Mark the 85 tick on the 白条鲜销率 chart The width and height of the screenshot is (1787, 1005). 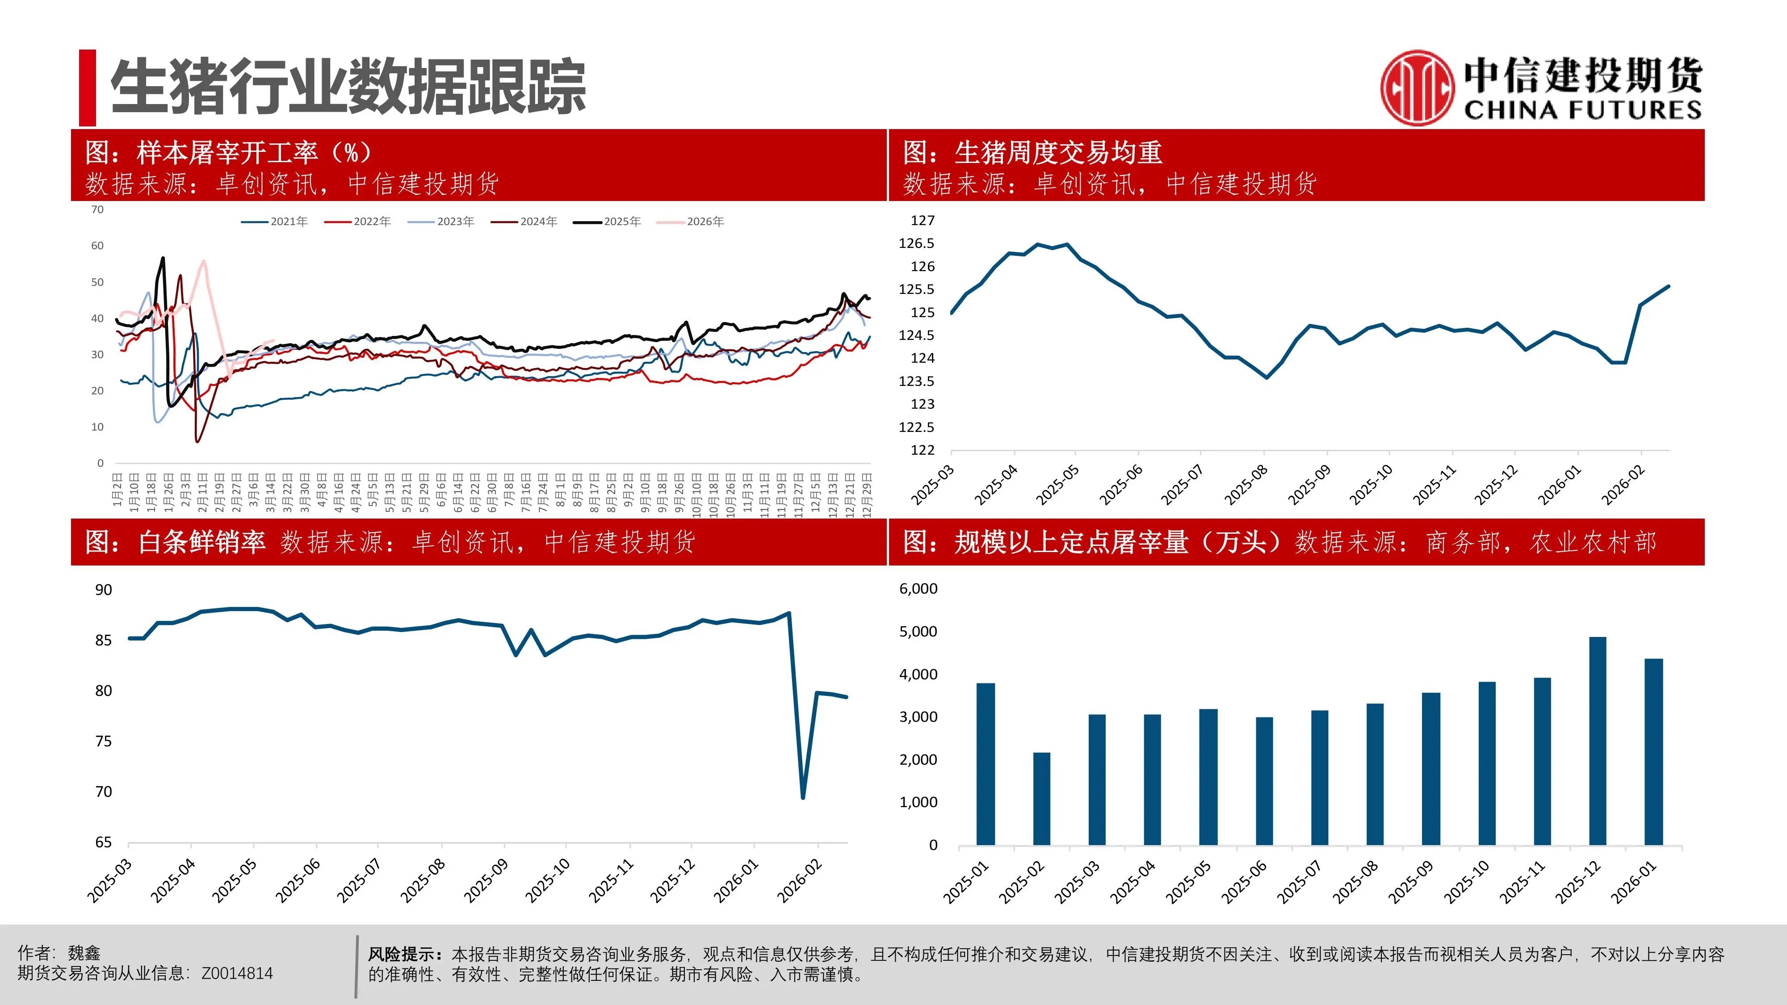click(103, 640)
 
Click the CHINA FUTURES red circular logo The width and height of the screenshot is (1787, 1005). click(1415, 88)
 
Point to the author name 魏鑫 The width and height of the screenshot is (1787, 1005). click(84, 953)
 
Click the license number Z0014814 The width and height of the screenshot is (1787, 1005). click(237, 974)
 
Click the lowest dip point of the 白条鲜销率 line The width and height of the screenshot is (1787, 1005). click(803, 798)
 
